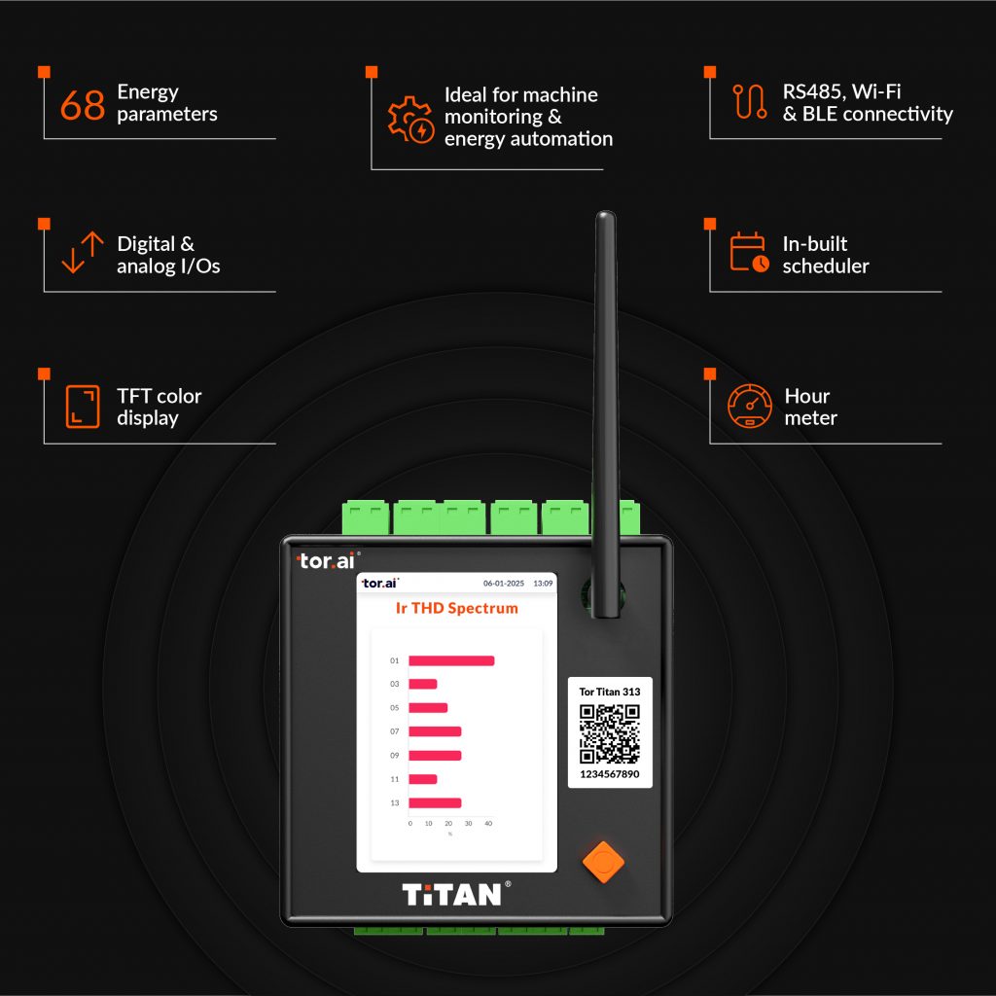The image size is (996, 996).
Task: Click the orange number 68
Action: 83,105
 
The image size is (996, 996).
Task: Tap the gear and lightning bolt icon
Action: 411,120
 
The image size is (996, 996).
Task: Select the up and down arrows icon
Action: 83,252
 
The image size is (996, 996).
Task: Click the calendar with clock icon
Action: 750,252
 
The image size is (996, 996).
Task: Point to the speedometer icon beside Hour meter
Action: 750,406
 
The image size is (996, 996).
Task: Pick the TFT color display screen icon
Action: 83,407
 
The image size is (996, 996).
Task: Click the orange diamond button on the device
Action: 603,862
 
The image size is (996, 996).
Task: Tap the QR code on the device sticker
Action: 610,733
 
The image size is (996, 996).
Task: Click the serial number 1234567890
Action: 610,774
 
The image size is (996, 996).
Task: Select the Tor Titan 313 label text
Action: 610,692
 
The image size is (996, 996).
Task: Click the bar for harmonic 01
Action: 451,660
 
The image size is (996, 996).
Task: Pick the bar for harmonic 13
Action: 435,802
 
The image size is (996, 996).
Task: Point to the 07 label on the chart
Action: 395,731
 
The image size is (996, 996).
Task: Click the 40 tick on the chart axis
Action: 488,823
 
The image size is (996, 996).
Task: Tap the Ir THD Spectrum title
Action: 457,609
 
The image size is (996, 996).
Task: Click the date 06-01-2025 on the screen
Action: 504,584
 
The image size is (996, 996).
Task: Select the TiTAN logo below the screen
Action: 452,895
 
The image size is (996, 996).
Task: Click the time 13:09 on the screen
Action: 543,584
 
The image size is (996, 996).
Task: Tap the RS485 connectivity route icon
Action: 750,101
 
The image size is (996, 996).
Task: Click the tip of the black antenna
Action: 605,212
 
